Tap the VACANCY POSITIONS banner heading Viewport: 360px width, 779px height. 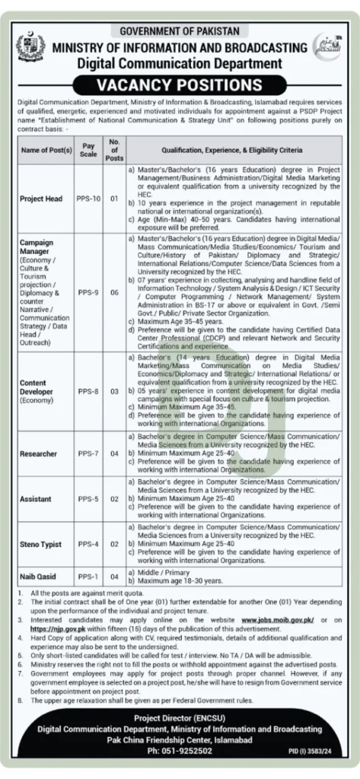click(x=180, y=84)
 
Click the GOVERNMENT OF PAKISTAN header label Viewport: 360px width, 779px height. click(x=180, y=30)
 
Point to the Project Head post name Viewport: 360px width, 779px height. click(x=41, y=199)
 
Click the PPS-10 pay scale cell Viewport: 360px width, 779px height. click(x=88, y=199)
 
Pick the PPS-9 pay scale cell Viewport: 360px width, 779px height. click(x=88, y=291)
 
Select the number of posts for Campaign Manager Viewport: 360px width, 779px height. click(x=114, y=291)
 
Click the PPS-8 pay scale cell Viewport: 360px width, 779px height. click(x=88, y=390)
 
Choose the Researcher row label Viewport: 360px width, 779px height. click(x=39, y=453)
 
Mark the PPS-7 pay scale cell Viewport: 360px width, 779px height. click(x=88, y=453)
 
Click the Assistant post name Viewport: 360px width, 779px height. click(x=36, y=499)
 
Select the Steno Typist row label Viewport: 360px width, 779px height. click(x=41, y=545)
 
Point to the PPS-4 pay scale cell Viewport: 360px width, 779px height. click(x=88, y=545)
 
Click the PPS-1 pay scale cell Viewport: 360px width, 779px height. click(x=88, y=577)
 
